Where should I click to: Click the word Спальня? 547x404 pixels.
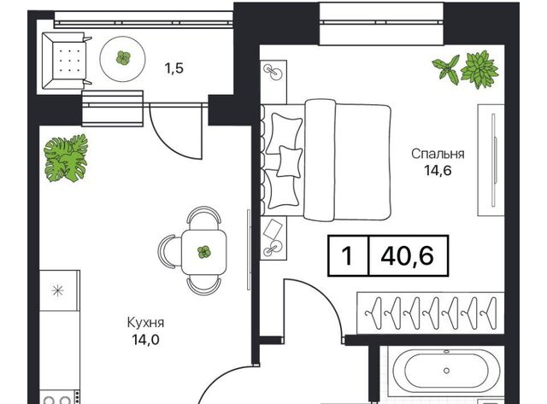(438, 154)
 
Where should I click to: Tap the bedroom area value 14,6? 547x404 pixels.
(438, 171)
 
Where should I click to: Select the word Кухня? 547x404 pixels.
(145, 323)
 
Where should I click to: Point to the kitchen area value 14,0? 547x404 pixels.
(146, 339)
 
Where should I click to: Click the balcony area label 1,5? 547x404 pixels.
(174, 68)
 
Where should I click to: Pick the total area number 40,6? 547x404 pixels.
(408, 255)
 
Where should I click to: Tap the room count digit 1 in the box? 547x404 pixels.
(348, 256)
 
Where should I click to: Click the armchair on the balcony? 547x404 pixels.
(67, 61)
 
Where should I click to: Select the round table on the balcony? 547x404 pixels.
(122, 59)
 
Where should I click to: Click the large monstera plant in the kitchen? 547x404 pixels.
(66, 158)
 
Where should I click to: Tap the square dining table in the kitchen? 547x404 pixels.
(204, 252)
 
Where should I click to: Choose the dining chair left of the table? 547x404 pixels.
(168, 252)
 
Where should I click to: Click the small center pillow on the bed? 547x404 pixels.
(289, 161)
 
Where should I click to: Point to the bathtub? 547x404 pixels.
(446, 371)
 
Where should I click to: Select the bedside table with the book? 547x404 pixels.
(273, 238)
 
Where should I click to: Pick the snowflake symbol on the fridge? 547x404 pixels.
(58, 290)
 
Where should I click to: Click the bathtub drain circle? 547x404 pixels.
(446, 371)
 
